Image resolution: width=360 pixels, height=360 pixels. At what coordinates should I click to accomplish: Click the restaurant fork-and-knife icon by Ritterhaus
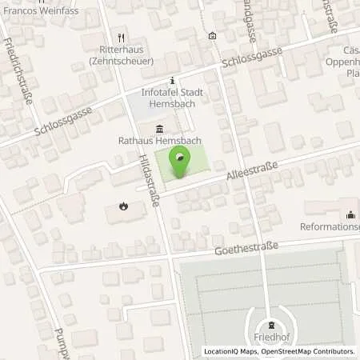(x=122, y=37)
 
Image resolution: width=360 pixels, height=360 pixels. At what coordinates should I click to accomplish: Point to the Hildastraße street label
(x=149, y=181)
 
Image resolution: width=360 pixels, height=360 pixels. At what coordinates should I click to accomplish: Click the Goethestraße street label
(x=246, y=249)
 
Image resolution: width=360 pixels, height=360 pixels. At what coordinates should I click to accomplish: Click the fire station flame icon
(x=124, y=206)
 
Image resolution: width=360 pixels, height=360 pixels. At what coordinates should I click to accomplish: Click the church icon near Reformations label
(x=350, y=214)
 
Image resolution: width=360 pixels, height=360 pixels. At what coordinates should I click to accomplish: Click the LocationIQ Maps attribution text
(x=232, y=352)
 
